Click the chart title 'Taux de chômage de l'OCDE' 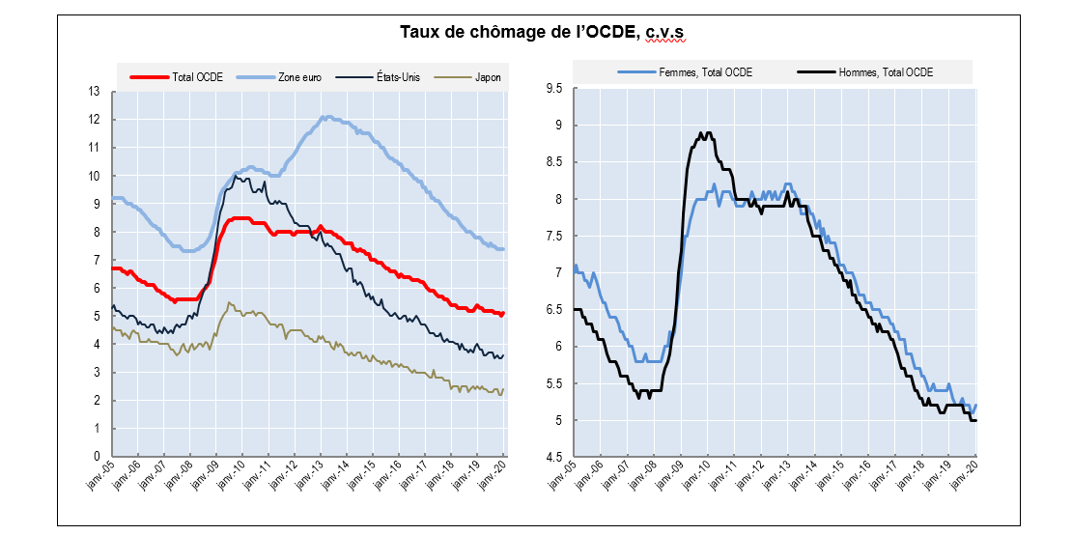click(517, 33)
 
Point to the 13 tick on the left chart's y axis click(95, 92)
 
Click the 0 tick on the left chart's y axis click(98, 457)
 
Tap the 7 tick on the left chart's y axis click(98, 260)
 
